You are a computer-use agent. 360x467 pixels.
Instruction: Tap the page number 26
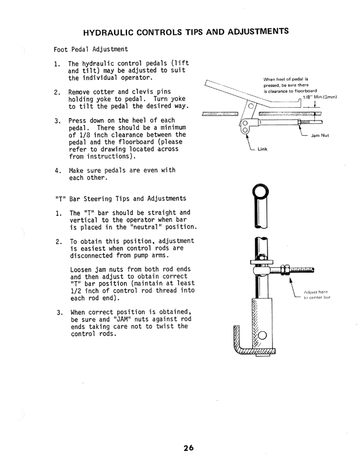[189, 447]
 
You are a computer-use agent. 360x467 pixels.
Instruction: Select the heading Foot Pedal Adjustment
[91, 49]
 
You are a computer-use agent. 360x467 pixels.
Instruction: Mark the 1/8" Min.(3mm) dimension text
[319, 97]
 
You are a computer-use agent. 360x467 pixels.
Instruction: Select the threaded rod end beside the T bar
[301, 270]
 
